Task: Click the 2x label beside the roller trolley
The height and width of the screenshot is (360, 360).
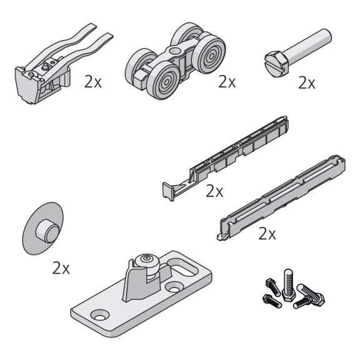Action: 227,82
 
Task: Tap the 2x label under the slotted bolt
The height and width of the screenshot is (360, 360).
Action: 307,83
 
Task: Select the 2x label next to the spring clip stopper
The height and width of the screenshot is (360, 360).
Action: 92,82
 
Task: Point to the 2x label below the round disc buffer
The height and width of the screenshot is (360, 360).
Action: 61,268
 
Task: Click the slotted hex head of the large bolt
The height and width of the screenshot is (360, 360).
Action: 276,64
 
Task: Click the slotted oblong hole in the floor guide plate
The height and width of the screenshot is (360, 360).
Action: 183,269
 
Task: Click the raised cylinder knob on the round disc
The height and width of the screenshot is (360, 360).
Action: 47,231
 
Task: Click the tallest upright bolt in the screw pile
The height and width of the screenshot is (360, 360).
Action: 288,285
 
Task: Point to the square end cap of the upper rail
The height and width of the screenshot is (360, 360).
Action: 168,192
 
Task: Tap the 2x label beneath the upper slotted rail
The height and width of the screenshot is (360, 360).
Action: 214,191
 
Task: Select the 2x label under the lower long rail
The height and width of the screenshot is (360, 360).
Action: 267,234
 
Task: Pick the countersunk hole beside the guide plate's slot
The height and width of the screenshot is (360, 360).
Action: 174,287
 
